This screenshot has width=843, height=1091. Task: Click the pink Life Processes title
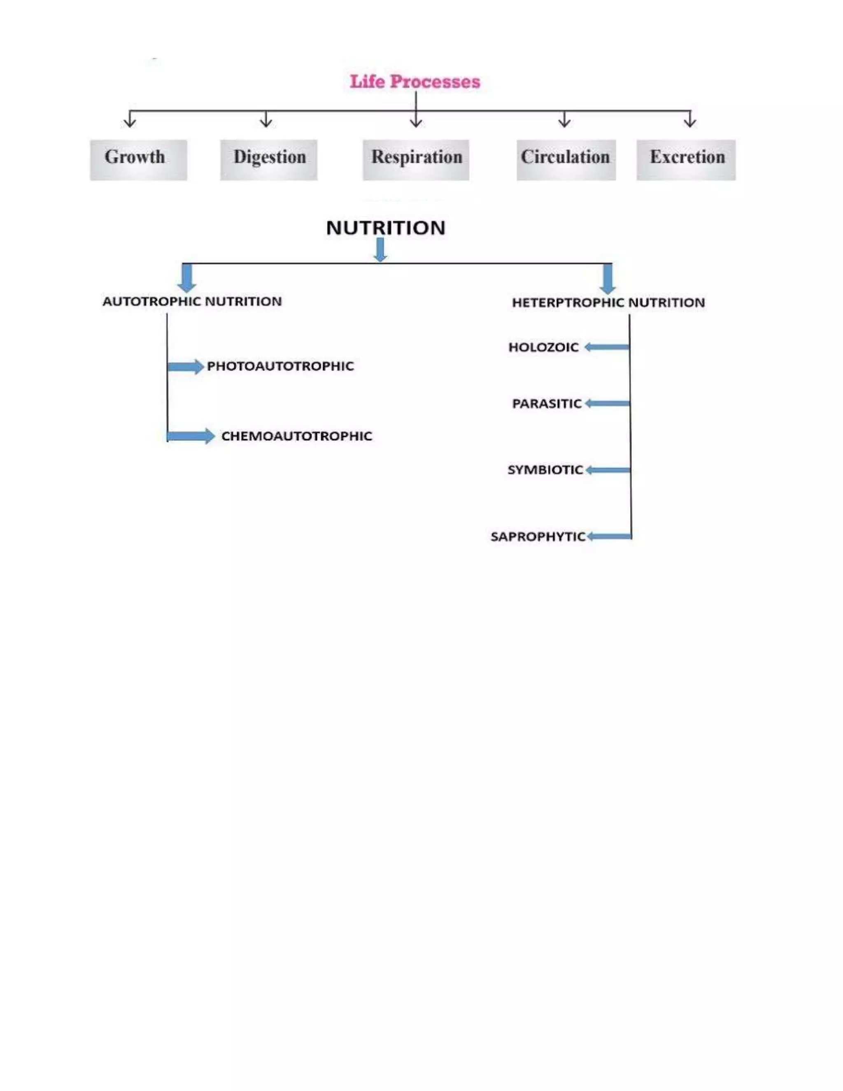click(x=415, y=82)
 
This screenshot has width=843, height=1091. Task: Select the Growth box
click(x=138, y=159)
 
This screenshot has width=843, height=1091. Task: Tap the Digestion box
click(x=269, y=159)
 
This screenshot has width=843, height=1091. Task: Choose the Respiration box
click(x=415, y=159)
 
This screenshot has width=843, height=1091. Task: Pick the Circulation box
click(x=566, y=159)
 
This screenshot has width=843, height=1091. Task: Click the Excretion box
click(x=686, y=159)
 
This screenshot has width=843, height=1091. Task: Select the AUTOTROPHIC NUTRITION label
click(x=192, y=302)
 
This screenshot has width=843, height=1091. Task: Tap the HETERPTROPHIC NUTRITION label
click(x=608, y=303)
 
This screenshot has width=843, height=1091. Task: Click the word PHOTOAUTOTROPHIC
click(x=280, y=366)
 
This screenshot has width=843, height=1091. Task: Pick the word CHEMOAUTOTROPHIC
click(x=297, y=436)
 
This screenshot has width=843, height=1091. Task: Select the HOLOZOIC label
click(x=543, y=347)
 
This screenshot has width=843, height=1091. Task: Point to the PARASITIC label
click(x=547, y=403)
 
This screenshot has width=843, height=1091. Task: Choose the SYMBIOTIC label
click(x=545, y=470)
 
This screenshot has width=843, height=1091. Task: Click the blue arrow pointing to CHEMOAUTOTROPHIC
click(x=191, y=436)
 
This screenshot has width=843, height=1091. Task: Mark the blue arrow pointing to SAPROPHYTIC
click(x=609, y=536)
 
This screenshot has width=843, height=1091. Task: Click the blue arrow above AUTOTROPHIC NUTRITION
click(x=187, y=278)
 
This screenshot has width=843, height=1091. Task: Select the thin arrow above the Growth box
click(x=130, y=119)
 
